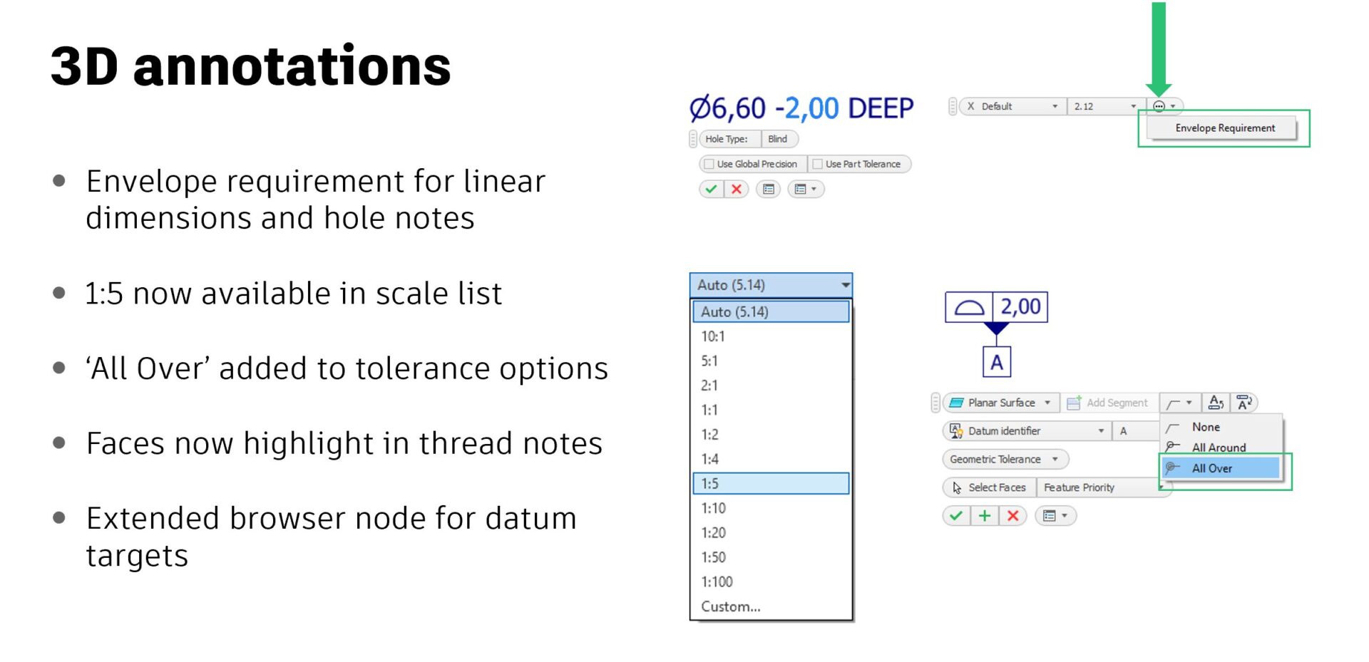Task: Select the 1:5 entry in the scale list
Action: pyautogui.click(x=771, y=483)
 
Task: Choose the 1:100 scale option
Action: pyautogui.click(x=717, y=581)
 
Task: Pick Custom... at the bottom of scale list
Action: pyautogui.click(x=730, y=606)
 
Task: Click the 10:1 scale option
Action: pyautogui.click(x=712, y=336)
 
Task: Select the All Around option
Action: pyautogui.click(x=1219, y=448)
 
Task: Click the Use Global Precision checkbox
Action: pyautogui.click(x=709, y=164)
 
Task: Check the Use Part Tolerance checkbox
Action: pyautogui.click(x=818, y=164)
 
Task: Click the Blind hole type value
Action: pyautogui.click(x=778, y=139)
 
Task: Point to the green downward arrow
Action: pyautogui.click(x=1159, y=48)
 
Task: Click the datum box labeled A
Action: pyautogui.click(x=996, y=362)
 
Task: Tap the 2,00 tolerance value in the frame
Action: pyautogui.click(x=1020, y=307)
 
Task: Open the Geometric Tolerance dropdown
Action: pyautogui.click(x=1005, y=460)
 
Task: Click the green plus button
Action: pyautogui.click(x=984, y=516)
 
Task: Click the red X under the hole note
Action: pyautogui.click(x=737, y=189)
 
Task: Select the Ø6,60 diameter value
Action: pyautogui.click(x=727, y=108)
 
